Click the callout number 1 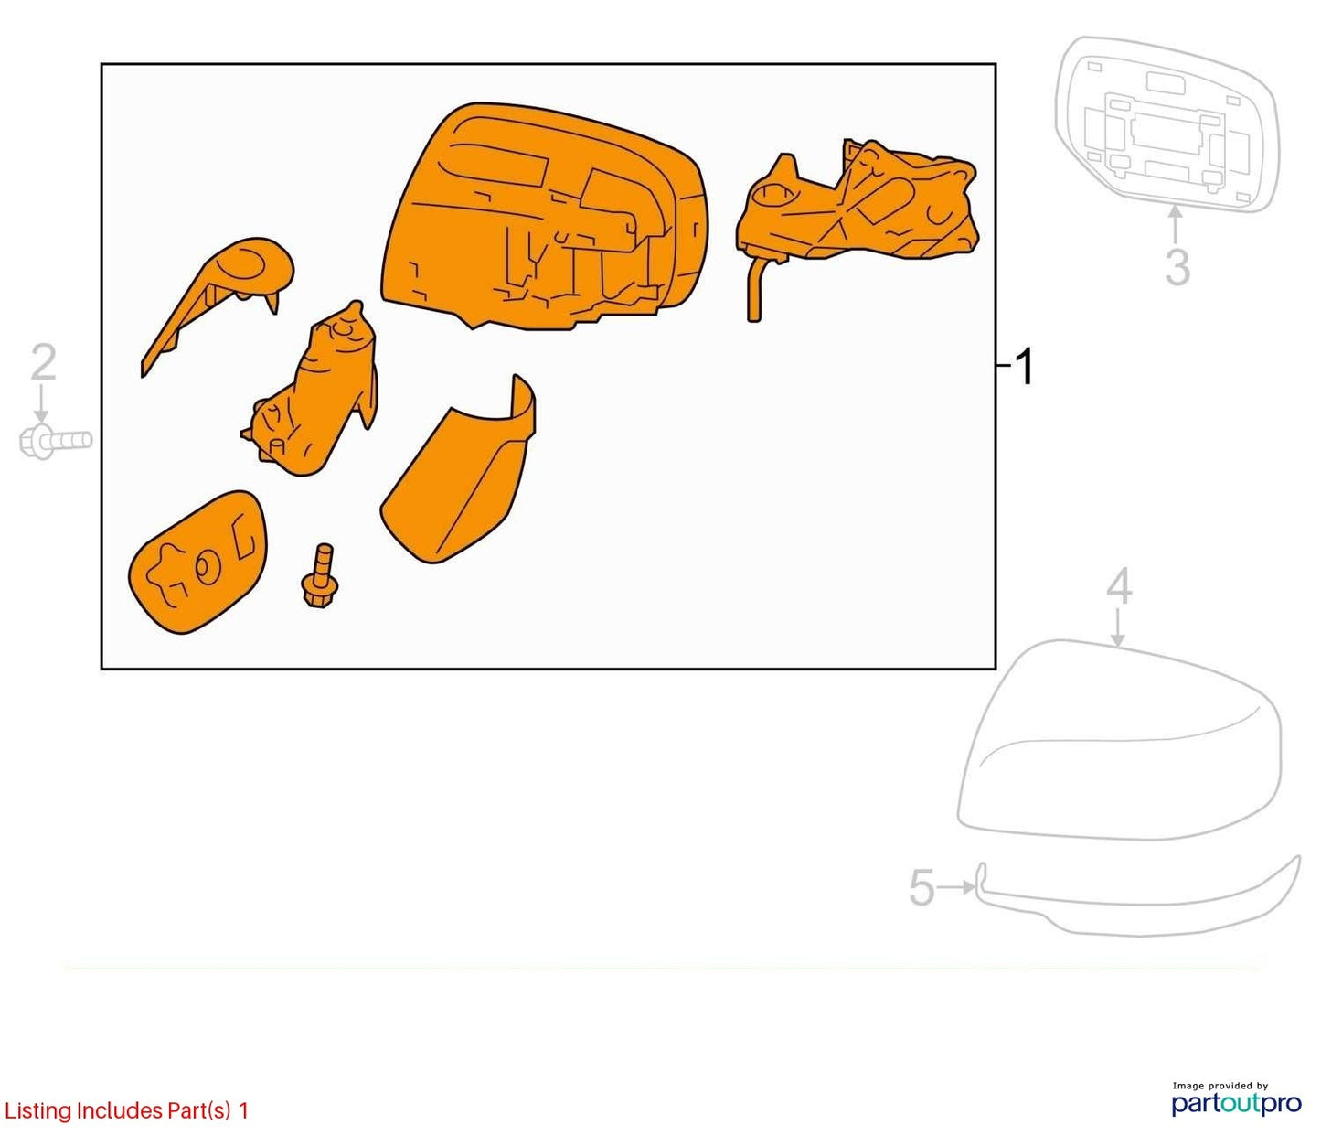coord(1023,366)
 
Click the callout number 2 coord(44,362)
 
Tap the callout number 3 coord(1177,267)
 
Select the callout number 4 coord(1118,586)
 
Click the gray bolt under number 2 coord(56,441)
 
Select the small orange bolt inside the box coord(320,575)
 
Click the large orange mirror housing coord(543,218)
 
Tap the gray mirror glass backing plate coord(1167,124)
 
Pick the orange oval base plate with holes coord(198,562)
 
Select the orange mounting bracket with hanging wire coord(857,211)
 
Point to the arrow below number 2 coord(41,404)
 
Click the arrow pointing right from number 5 coord(957,887)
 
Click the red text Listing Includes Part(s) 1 coord(126,1110)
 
